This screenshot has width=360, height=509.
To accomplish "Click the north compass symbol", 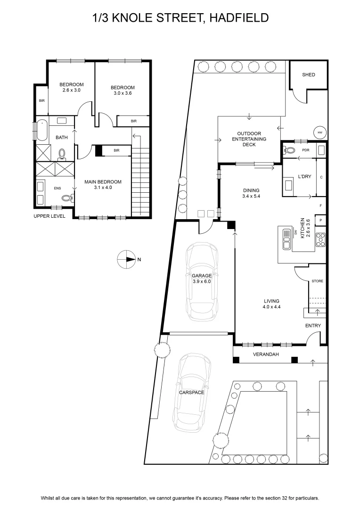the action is (126, 259).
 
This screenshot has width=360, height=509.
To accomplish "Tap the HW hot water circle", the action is (320, 132).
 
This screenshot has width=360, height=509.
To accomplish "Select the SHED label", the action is (308, 74).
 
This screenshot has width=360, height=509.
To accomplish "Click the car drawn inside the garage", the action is (202, 281).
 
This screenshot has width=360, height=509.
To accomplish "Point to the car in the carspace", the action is (192, 393).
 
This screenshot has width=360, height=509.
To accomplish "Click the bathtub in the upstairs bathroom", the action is (42, 130).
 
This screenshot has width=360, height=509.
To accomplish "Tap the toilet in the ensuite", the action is (67, 197).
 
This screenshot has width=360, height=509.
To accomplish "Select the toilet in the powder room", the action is (288, 150).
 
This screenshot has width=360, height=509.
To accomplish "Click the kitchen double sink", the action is (286, 239).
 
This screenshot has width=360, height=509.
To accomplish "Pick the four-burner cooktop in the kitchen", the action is (320, 239).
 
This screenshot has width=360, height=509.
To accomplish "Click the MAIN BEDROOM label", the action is (103, 182).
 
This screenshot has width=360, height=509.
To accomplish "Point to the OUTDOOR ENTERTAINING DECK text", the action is (249, 139).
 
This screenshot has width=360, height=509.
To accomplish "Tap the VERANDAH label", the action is (266, 354).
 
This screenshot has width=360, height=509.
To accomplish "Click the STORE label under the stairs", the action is (317, 281).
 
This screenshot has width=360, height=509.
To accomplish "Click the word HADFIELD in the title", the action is (239, 17).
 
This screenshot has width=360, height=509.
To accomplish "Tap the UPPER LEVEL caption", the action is (49, 216).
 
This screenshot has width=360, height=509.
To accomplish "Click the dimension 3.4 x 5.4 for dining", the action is (251, 196).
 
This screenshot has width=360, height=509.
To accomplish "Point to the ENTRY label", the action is (313, 326).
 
